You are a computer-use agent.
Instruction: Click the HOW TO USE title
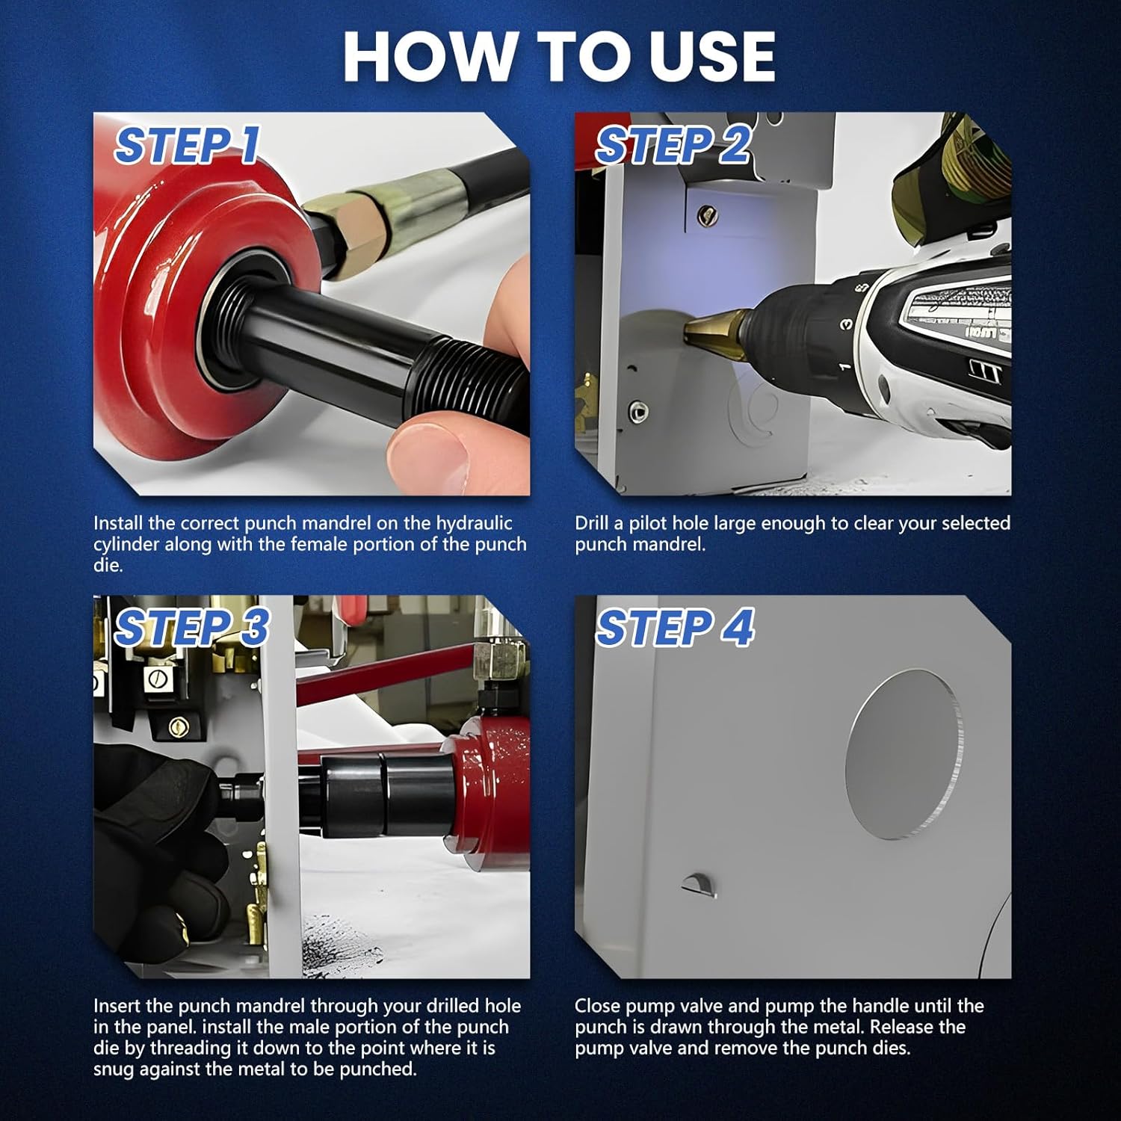(x=559, y=57)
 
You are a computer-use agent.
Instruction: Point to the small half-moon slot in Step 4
(x=700, y=884)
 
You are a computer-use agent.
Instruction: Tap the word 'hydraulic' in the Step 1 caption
(x=475, y=523)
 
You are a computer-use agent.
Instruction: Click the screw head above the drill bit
(x=703, y=217)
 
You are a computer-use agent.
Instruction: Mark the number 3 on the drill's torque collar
(x=846, y=324)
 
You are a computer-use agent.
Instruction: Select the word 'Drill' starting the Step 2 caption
(x=592, y=523)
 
